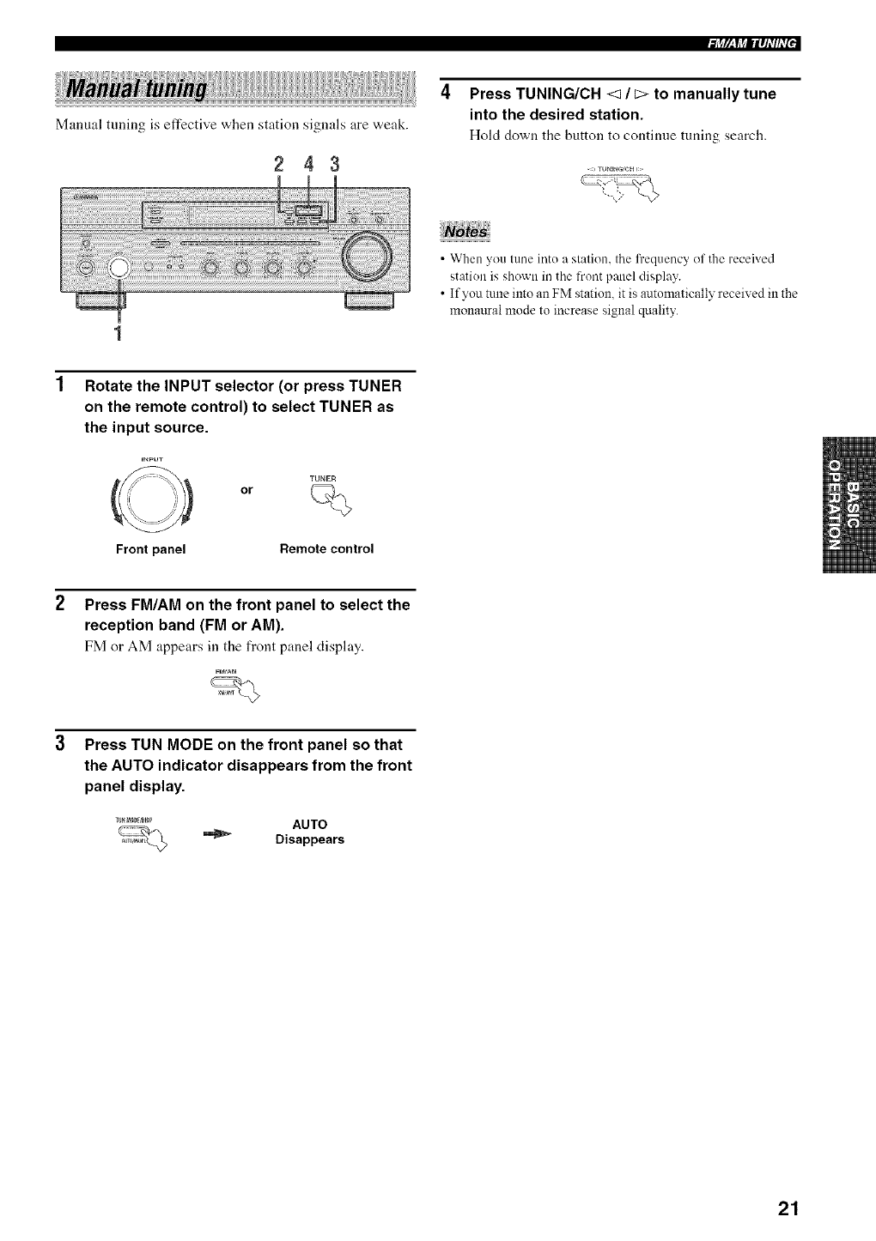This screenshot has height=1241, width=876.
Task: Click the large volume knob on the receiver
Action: point(367,256)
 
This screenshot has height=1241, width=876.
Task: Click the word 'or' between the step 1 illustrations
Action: point(247,490)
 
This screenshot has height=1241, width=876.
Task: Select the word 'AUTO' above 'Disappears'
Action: point(309,825)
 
